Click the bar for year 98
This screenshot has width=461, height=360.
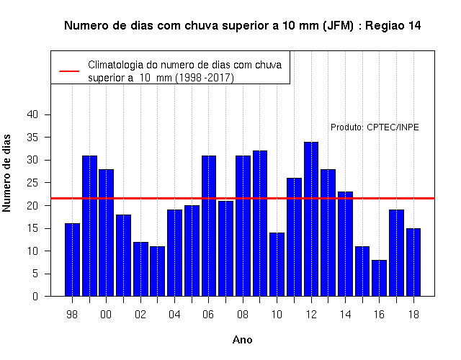[x=72, y=260]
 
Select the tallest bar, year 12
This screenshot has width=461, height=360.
[x=311, y=219]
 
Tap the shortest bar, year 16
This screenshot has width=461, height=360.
[x=380, y=278]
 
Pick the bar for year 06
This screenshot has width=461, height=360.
[x=209, y=225]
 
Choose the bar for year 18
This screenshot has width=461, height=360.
[x=413, y=262]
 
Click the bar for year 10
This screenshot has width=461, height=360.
[x=277, y=264]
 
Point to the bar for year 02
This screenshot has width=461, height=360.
[x=140, y=269]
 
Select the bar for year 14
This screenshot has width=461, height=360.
[x=345, y=244]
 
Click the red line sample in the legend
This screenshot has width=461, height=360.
[x=69, y=71]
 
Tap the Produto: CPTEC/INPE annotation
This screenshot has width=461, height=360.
[x=375, y=127]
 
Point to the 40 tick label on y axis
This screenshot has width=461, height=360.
[x=32, y=114]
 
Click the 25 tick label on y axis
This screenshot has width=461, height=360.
[x=32, y=182]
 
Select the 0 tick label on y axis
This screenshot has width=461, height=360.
[x=35, y=296]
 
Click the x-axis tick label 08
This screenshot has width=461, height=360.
[x=243, y=315]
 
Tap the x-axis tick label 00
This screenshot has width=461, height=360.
[x=106, y=315]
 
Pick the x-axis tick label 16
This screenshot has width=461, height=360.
[x=380, y=315]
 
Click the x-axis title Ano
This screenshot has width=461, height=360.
[x=243, y=340]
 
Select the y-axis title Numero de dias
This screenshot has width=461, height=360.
[x=6, y=173]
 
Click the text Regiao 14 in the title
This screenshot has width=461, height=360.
[x=393, y=26]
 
